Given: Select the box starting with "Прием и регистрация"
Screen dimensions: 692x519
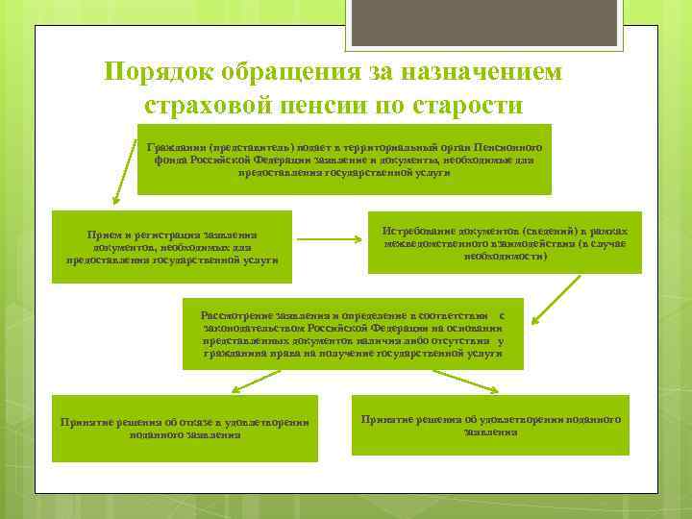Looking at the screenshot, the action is click(172, 247).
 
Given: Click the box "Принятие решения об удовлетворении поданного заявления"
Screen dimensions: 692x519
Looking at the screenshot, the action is click(490, 426).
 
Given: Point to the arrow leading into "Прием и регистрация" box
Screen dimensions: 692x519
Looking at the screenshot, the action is click(123, 173).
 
